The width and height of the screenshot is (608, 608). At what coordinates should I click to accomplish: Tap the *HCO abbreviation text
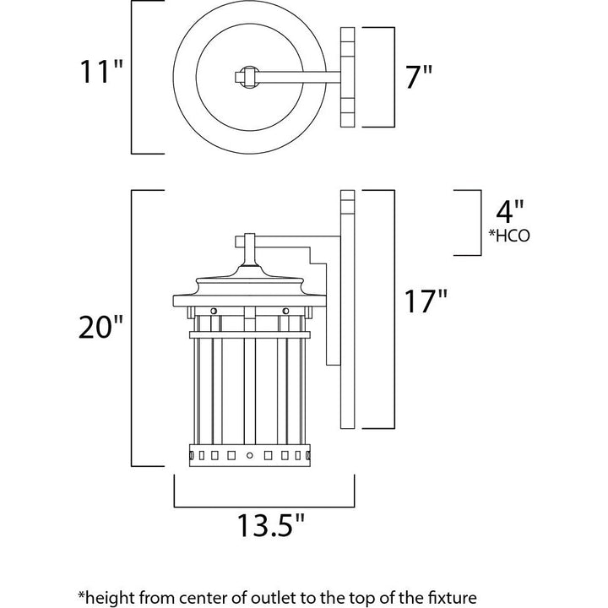[509, 236]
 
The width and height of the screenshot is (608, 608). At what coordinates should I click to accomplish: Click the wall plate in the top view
[347, 77]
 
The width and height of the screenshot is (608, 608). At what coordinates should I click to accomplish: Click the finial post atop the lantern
[248, 250]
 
